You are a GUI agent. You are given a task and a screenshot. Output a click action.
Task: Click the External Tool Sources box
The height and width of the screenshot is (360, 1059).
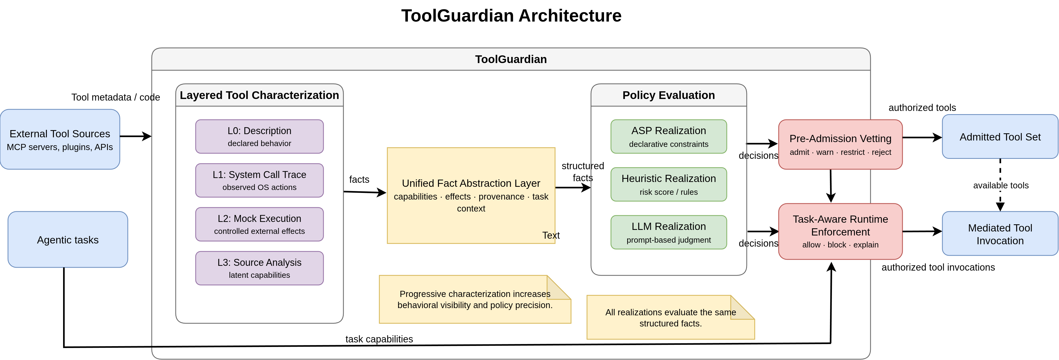pyautogui.click(x=60, y=139)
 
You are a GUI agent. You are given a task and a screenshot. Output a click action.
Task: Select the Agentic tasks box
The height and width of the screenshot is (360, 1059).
pyautogui.click(x=68, y=239)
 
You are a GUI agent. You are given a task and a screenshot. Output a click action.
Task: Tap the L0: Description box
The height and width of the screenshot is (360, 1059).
pyautogui.click(x=259, y=136)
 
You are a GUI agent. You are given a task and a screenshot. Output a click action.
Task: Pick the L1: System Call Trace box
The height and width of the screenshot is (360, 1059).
pyautogui.click(x=259, y=180)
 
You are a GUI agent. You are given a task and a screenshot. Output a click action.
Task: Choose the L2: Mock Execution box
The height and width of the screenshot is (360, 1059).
pyautogui.click(x=259, y=224)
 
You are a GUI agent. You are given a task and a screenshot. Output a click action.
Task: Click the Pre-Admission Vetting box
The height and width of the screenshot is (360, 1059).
pyautogui.click(x=840, y=144)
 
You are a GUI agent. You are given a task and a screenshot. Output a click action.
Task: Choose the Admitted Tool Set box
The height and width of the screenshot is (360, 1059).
pyautogui.click(x=1000, y=136)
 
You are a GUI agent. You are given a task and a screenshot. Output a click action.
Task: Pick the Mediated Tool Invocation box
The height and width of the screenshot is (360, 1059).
pyautogui.click(x=1000, y=233)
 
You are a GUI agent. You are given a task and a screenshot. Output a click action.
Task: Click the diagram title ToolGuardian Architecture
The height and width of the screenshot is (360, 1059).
pyautogui.click(x=511, y=16)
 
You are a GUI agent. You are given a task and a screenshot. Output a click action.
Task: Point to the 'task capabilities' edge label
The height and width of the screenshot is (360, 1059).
pyautogui.click(x=379, y=339)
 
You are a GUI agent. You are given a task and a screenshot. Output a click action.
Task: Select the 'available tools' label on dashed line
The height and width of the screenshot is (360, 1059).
pyautogui.click(x=1001, y=185)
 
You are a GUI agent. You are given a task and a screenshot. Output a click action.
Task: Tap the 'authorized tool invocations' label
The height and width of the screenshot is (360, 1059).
pyautogui.click(x=938, y=267)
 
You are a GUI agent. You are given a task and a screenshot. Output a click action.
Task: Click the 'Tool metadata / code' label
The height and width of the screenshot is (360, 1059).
pyautogui.click(x=116, y=97)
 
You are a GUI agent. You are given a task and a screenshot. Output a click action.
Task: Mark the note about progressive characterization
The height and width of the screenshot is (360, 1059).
pyautogui.click(x=475, y=299)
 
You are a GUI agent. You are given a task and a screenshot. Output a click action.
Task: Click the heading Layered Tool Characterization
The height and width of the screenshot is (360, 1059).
pyautogui.click(x=259, y=95)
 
